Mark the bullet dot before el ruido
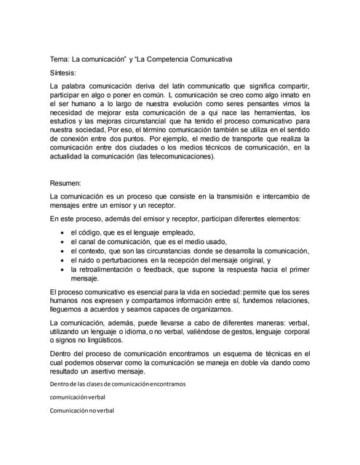click(62, 259)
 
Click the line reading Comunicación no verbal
click(82, 411)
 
